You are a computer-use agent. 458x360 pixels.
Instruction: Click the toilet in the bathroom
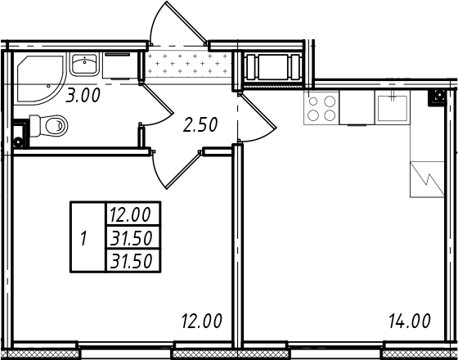pos(48,126)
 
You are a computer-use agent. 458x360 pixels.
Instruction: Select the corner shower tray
pos(39,79)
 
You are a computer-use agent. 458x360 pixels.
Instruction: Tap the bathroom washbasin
pos(84,64)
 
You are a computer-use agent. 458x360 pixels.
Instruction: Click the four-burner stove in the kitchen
pos(321,107)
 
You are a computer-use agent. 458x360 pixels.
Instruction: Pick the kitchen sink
pos(393,107)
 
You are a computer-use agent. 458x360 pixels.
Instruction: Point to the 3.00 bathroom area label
pos(83,96)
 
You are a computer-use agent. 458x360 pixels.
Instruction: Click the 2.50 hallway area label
pos(200,124)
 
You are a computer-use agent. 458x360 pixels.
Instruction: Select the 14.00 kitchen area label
pos(410,321)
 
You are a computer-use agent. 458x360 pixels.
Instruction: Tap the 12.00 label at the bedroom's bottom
pos(202,321)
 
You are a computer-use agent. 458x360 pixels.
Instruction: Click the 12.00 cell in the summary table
pos(130,214)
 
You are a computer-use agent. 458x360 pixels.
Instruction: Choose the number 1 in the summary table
pos(83,239)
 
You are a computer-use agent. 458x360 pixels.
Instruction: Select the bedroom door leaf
pos(183,170)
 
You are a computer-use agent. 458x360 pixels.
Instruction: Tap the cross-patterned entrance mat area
pos(189,64)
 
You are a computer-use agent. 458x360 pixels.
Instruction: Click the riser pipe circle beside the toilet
pos(18,142)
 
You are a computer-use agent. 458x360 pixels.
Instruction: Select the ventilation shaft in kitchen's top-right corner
pos(438,97)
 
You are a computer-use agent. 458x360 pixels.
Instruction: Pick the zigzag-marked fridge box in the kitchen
pos(427,179)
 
